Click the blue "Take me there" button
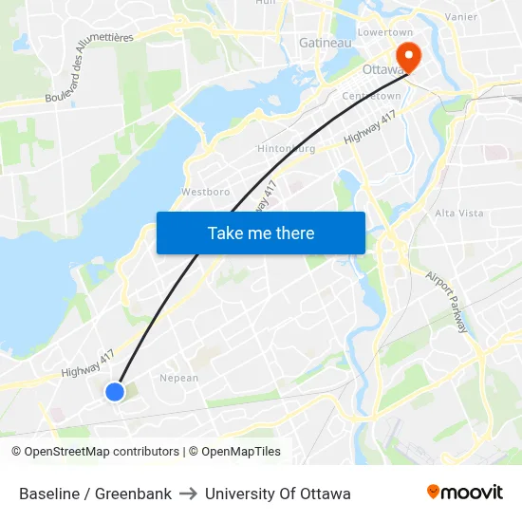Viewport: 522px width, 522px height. [261, 233]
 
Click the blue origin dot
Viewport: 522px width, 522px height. [115, 391]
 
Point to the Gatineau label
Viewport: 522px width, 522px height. [326, 43]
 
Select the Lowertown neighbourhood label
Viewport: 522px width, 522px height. [385, 31]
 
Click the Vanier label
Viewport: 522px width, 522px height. [461, 16]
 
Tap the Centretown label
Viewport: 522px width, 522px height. [372, 96]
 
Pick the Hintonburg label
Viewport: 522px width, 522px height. [286, 149]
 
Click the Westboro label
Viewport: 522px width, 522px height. [206, 192]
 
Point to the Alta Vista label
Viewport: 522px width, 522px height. [458, 214]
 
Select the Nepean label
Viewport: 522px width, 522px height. [178, 378]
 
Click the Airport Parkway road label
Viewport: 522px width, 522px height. [447, 303]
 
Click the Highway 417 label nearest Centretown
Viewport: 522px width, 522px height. [369, 126]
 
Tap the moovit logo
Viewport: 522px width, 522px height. [465, 493]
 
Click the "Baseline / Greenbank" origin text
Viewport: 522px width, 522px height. [95, 494]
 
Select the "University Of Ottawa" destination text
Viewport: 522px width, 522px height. [278, 494]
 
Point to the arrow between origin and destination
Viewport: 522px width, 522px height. [188, 494]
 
